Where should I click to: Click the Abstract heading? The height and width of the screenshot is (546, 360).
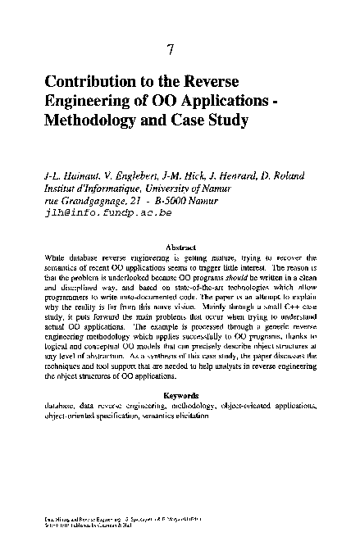point(180,246)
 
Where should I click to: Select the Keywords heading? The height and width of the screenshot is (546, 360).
point(180,395)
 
